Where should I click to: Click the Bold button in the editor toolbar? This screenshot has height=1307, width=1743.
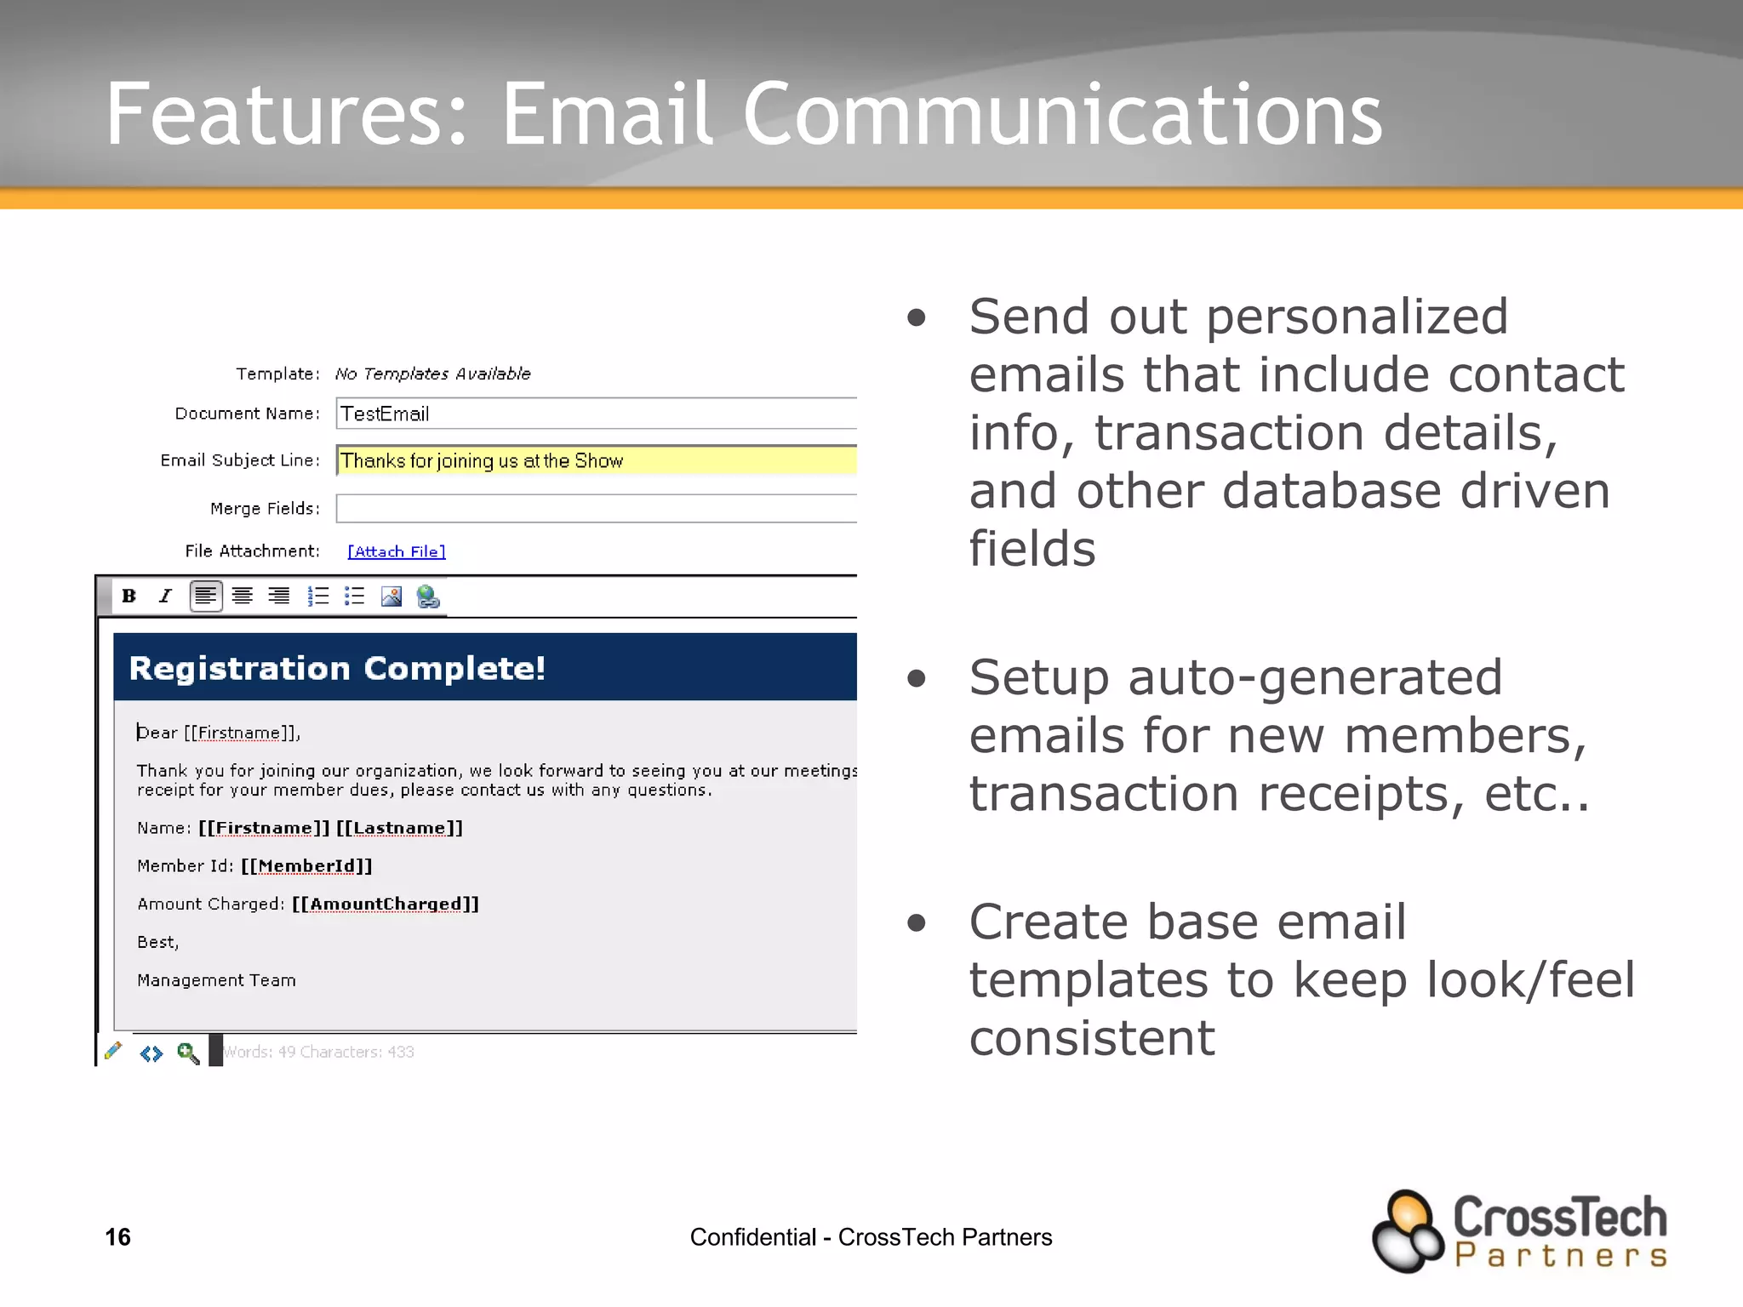[129, 596]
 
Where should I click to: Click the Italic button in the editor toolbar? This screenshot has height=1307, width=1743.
[166, 596]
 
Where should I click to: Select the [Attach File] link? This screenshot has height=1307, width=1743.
[397, 551]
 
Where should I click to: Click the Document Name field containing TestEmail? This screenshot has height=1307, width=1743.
[596, 414]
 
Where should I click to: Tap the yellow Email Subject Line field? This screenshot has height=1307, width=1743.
[596, 460]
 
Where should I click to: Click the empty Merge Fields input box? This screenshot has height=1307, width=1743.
[596, 508]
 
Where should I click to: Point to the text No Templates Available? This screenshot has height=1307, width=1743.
[432, 374]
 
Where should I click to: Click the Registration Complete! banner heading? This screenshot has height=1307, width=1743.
[337, 668]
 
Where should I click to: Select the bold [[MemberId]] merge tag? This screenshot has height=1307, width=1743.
[306, 866]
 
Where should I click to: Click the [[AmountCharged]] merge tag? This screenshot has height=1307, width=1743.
[386, 904]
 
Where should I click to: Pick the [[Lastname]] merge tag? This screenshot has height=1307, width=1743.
[399, 828]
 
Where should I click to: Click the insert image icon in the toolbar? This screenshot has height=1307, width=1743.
[391, 596]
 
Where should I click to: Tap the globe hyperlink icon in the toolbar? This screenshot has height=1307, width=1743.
[428, 596]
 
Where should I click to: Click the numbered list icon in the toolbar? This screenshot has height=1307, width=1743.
[318, 596]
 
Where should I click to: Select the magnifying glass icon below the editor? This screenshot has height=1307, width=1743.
[188, 1053]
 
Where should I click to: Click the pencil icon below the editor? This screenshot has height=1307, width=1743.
[113, 1052]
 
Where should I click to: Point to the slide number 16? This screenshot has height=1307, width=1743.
[117, 1236]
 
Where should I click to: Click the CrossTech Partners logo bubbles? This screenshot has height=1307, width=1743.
[1408, 1231]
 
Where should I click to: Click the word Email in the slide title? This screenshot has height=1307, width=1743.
[607, 114]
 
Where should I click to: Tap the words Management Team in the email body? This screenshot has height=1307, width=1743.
[216, 980]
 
